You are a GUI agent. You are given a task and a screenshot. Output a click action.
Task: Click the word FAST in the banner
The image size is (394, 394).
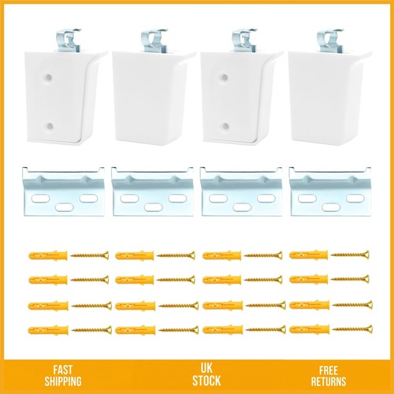(63, 370)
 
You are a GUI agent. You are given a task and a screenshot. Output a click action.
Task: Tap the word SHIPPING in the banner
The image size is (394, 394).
(63, 381)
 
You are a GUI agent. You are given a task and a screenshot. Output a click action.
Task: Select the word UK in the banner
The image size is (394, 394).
(206, 368)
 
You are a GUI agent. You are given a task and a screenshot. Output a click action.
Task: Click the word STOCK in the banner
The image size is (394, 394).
(206, 381)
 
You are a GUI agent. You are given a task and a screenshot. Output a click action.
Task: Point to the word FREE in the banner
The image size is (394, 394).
(329, 370)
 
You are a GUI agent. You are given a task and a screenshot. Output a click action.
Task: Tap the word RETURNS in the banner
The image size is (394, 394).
(329, 381)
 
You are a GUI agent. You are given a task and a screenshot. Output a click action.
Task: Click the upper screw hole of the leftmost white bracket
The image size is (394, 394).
(48, 77)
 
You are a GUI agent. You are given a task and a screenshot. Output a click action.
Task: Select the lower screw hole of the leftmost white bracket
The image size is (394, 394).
(49, 127)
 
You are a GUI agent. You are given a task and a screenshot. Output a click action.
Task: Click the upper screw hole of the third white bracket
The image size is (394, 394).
(225, 77)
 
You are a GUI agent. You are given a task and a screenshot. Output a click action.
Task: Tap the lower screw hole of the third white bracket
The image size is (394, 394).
(225, 127)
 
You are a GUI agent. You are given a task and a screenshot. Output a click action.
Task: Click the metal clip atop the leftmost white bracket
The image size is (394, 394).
(69, 40)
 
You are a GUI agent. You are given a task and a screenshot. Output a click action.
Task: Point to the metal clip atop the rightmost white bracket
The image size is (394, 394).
(330, 40)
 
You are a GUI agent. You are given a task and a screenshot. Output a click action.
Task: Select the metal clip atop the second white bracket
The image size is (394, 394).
(154, 40)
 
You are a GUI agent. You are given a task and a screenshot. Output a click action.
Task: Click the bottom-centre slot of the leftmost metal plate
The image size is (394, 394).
(65, 207)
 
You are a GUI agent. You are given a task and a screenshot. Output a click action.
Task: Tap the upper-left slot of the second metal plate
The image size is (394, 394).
(130, 199)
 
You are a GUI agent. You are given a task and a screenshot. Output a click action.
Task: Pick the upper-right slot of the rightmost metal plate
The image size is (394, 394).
(355, 198)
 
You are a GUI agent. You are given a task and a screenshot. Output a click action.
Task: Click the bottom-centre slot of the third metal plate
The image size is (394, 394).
(242, 207)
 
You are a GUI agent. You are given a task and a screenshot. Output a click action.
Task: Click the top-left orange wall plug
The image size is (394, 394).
(48, 255)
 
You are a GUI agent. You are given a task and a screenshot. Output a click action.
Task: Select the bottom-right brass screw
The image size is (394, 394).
(352, 329)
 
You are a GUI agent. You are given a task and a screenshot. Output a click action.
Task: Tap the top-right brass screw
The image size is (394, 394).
(350, 255)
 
